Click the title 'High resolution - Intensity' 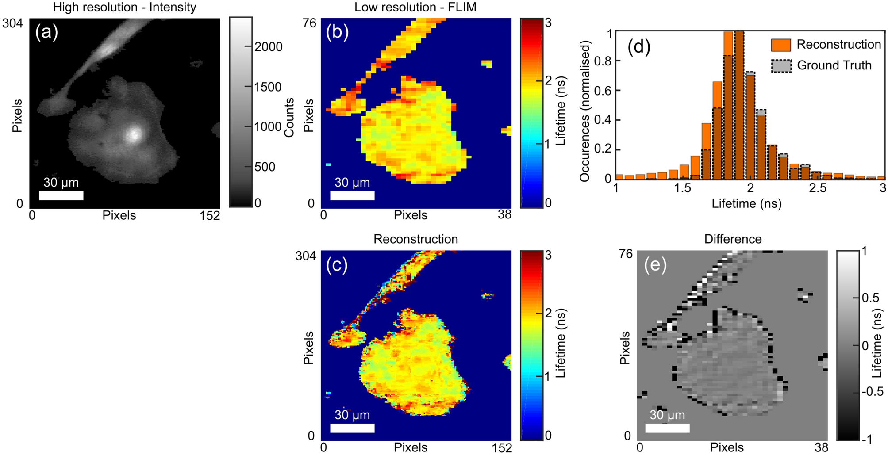(125, 7)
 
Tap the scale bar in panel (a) (61, 195)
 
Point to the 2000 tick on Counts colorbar (268, 47)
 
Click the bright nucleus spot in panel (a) (133, 134)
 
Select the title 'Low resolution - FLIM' (415, 7)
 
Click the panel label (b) (337, 33)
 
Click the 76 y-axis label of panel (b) (309, 23)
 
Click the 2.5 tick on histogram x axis (817, 188)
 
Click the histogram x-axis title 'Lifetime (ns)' (746, 203)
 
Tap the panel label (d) (638, 47)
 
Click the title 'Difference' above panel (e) (733, 239)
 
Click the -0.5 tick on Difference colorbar (873, 391)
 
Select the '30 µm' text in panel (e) (667, 415)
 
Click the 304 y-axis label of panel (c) (306, 256)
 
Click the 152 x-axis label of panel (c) (501, 448)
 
